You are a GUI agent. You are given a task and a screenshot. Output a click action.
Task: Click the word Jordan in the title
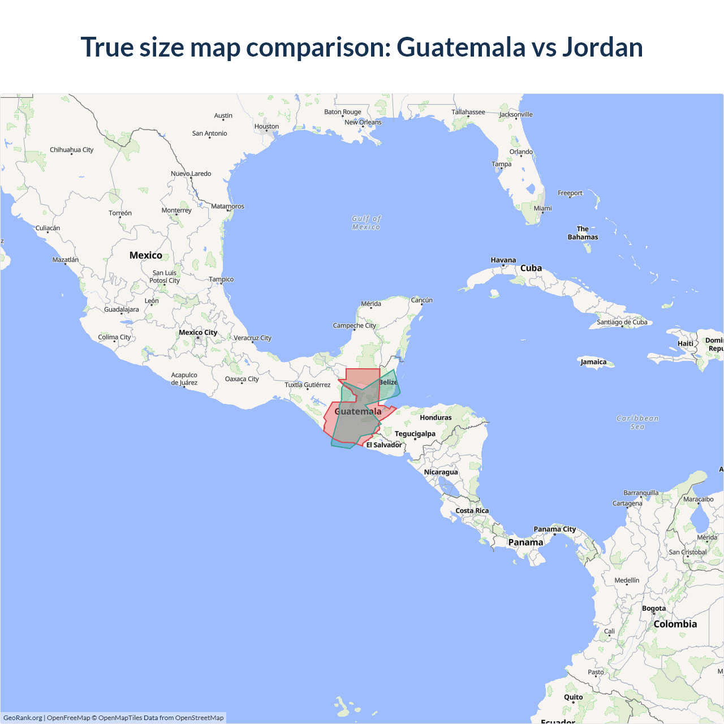click(602, 47)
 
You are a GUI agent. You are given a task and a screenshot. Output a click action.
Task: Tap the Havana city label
click(503, 260)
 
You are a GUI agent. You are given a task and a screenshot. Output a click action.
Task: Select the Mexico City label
click(198, 333)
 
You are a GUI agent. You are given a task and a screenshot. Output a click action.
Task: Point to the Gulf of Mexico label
click(366, 222)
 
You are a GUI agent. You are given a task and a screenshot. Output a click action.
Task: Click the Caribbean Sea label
click(637, 423)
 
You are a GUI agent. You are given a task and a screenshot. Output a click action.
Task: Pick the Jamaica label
click(593, 362)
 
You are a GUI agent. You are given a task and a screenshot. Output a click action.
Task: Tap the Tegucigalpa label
click(415, 434)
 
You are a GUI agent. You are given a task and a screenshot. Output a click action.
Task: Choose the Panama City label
click(554, 529)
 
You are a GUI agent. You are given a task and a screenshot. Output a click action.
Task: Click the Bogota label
click(654, 609)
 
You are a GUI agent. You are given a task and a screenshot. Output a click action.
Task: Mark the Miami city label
click(542, 208)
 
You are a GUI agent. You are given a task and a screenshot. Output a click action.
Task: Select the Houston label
click(266, 127)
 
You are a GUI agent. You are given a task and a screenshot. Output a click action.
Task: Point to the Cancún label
click(421, 300)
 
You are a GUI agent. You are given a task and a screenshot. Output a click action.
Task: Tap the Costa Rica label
click(472, 511)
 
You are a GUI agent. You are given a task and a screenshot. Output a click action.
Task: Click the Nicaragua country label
click(441, 472)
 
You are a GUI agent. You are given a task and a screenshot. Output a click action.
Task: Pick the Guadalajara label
click(121, 309)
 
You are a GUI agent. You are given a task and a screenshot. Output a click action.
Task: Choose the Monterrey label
click(176, 210)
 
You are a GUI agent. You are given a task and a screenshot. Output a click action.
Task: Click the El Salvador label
click(384, 445)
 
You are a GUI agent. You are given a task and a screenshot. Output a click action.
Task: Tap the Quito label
click(573, 697)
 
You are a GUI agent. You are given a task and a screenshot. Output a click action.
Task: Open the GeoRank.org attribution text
click(23, 718)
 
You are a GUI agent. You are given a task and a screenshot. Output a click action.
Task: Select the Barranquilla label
click(641, 493)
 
